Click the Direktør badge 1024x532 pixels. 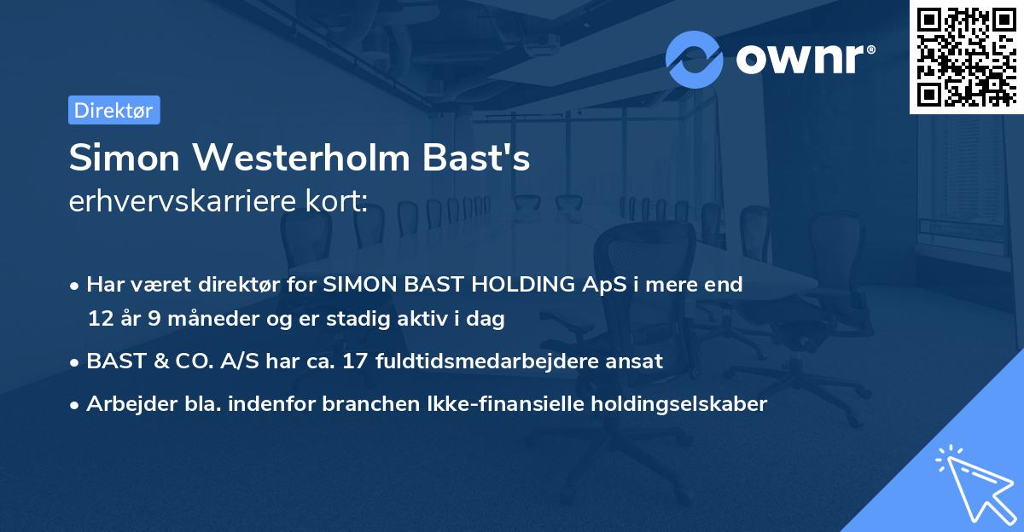tap(113, 110)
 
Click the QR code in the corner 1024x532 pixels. tap(966, 56)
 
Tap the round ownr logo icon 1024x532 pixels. tap(695, 59)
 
